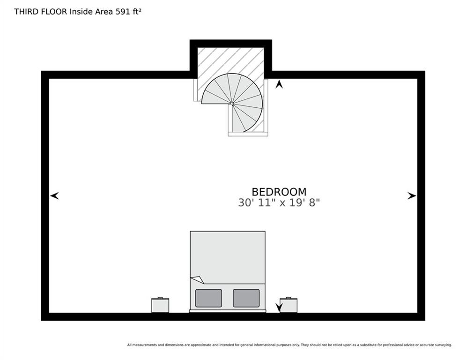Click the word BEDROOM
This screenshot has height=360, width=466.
(279, 192)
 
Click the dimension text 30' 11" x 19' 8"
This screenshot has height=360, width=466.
(279, 203)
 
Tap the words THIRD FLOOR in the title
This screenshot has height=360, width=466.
(40, 12)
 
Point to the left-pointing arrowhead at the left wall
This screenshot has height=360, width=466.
(54, 195)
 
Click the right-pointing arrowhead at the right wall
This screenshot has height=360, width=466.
(412, 196)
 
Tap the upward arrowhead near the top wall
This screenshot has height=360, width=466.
(279, 84)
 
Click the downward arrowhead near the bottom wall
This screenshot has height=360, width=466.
(279, 307)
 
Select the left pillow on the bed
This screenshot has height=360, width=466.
(208, 298)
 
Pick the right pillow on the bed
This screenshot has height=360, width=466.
(246, 298)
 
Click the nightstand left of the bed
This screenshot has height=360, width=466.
(160, 305)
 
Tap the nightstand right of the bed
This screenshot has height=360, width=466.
(288, 305)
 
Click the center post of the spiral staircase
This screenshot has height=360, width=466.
(232, 104)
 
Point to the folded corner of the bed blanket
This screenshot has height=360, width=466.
(197, 280)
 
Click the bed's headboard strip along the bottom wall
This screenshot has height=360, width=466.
(228, 311)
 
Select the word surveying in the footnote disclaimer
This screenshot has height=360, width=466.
(443, 345)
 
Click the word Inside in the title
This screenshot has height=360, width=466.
(81, 12)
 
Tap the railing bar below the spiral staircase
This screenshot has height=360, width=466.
(248, 134)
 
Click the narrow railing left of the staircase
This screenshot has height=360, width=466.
(195, 90)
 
